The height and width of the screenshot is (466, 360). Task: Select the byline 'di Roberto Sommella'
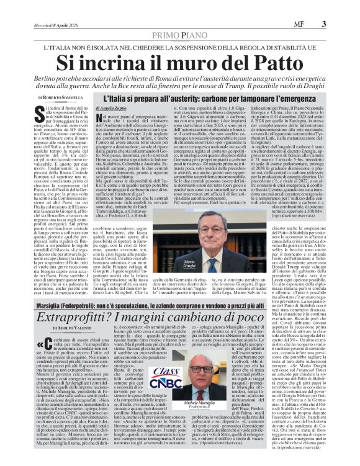pyautogui.click(x=60, y=98)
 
